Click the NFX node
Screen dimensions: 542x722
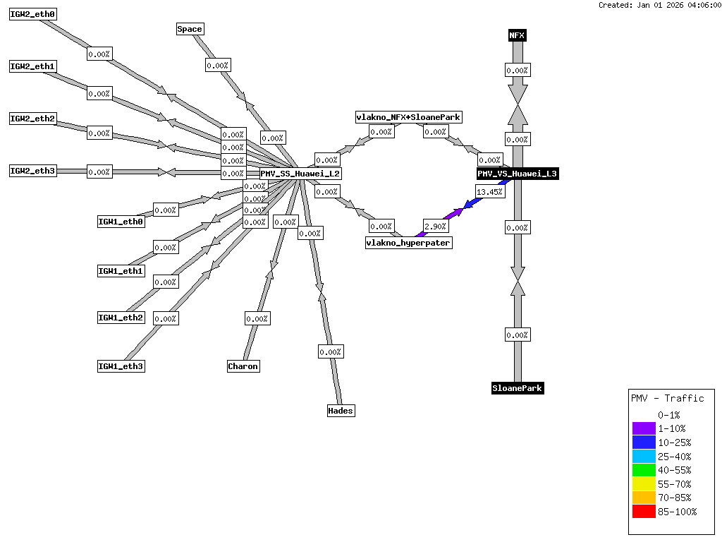518,35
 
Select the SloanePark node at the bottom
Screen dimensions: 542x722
518,388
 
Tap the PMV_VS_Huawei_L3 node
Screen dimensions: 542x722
518,174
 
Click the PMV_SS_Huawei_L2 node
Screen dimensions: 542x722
300,174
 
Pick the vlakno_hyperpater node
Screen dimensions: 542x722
408,243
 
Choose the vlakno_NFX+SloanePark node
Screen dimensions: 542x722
409,117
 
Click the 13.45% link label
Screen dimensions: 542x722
490,191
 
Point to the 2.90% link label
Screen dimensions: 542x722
435,226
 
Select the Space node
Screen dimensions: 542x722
190,29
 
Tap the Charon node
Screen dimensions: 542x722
243,366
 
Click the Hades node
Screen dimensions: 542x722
341,411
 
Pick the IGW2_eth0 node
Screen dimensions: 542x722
32,14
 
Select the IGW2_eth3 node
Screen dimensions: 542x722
32,171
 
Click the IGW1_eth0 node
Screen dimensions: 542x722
121,222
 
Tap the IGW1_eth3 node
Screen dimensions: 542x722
121,366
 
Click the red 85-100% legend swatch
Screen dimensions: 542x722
644,512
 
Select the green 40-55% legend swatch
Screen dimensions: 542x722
644,470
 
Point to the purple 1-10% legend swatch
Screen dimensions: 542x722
644,428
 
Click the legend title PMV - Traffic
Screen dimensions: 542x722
667,398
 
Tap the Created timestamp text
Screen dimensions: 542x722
659,5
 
